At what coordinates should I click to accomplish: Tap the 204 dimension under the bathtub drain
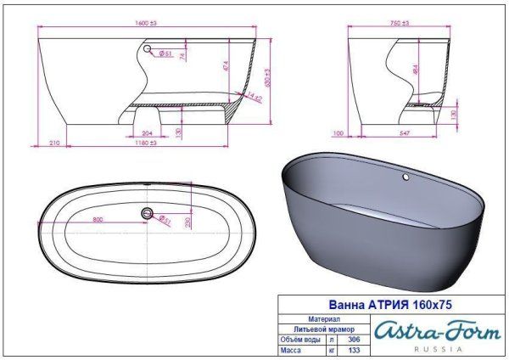pos(148,133)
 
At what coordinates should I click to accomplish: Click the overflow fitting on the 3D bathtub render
pos(406,178)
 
